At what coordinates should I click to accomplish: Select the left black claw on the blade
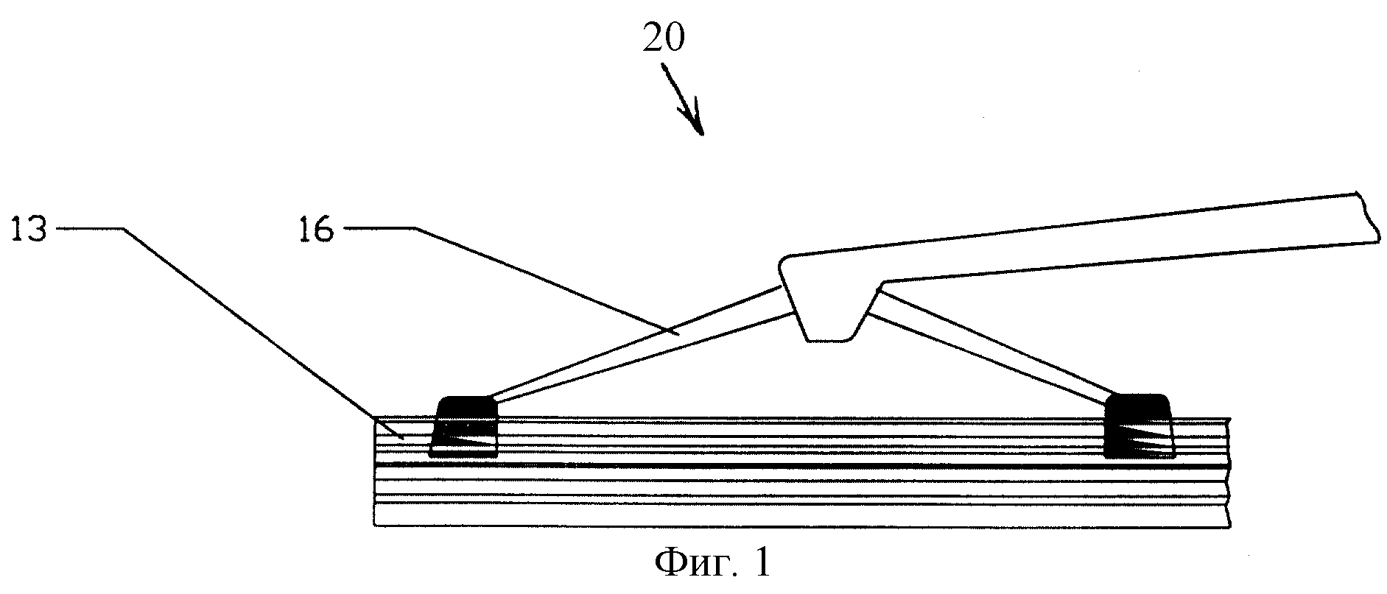pyautogui.click(x=464, y=427)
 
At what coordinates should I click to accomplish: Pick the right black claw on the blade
pyautogui.click(x=1138, y=425)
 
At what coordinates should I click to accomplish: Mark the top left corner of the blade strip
pyautogui.click(x=375, y=418)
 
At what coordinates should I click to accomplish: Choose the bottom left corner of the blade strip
pyautogui.click(x=375, y=525)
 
